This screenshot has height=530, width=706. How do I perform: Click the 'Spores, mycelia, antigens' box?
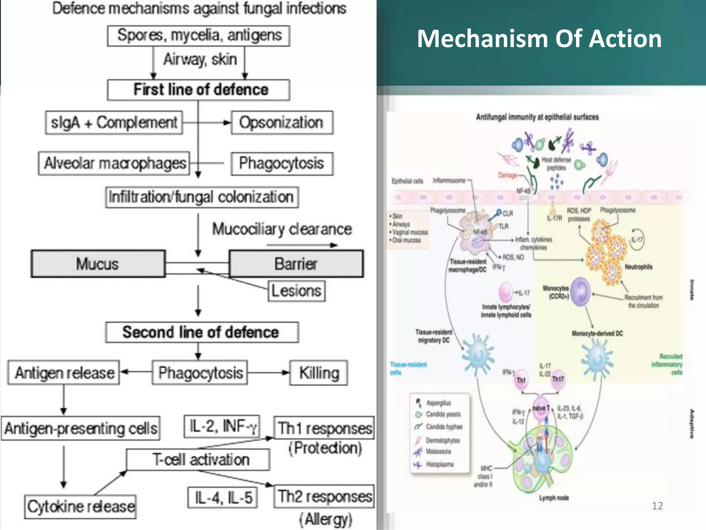pos(199,36)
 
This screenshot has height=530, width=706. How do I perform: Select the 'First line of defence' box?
pos(199,90)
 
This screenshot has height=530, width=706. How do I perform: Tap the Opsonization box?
pos(282,122)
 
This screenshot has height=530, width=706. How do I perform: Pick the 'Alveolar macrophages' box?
pos(114,163)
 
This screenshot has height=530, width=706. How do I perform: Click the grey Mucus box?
pos(98,264)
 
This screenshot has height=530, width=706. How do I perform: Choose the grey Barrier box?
pos(296,264)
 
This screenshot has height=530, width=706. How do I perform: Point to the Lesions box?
pos(296,291)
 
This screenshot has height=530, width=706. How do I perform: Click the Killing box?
pos(319,373)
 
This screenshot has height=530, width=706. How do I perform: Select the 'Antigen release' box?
pos(64,373)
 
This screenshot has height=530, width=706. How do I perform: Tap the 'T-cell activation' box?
pos(198,460)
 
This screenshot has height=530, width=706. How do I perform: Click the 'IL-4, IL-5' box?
pos(223,498)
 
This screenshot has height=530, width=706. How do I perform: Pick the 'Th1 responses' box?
pos(324,428)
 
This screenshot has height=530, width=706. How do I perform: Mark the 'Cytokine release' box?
pos(80,507)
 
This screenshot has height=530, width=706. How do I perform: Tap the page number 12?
pos(657,506)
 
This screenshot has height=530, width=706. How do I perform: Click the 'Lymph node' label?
pos(554,498)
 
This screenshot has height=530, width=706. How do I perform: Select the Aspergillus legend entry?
pos(438,403)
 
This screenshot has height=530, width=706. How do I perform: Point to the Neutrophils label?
pos(638,267)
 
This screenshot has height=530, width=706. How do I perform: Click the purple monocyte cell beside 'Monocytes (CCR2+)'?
pos(580,292)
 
